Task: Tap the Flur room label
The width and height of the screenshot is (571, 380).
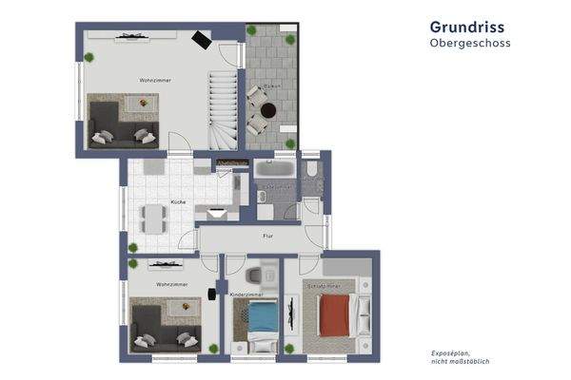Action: (269, 236)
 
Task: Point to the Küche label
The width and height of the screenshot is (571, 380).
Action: (177, 202)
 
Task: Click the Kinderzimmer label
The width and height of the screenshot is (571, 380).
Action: (246, 295)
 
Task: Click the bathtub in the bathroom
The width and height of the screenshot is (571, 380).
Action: (274, 169)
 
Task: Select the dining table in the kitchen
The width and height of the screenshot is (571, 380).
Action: (153, 219)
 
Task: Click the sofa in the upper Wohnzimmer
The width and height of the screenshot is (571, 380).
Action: (119, 123)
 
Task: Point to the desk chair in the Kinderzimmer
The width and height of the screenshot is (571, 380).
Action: (252, 276)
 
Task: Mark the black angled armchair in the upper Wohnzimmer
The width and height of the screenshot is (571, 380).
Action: (202, 39)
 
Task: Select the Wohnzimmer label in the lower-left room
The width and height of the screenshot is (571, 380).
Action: (172, 284)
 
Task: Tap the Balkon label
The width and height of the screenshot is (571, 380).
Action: (271, 86)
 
